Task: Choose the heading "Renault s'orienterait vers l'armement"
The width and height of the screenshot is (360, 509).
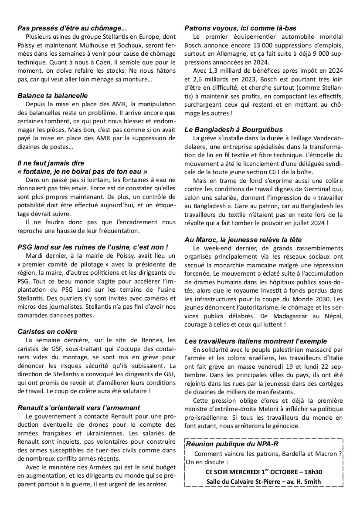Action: (79, 408)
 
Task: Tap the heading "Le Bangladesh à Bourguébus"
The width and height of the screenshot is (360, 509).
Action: (234, 129)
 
